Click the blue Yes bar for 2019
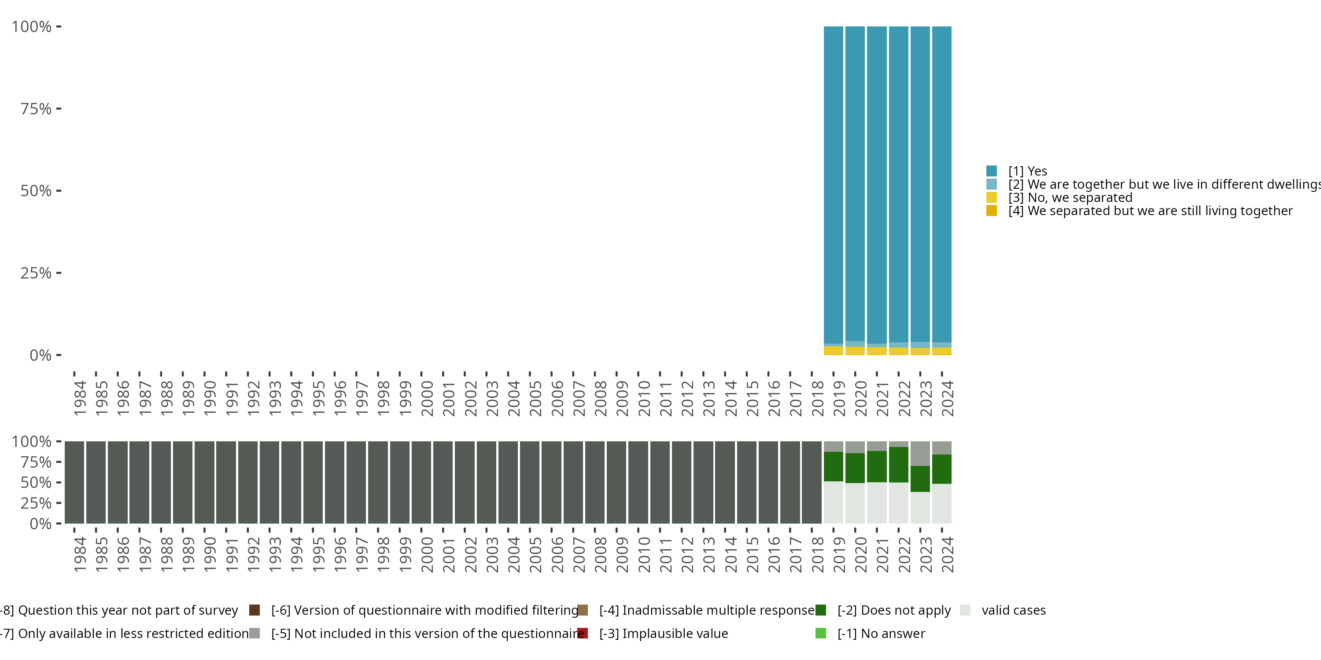tap(833, 184)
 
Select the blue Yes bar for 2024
tap(941, 184)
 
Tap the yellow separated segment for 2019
tap(833, 351)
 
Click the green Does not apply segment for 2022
tap(898, 464)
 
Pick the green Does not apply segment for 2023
tap(920, 479)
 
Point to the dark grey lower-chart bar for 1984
tap(74, 482)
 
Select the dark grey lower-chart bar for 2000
tap(421, 482)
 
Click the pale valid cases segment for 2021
tap(877, 502)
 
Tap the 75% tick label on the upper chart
tap(36, 109)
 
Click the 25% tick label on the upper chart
tap(36, 273)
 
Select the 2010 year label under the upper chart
tap(644, 398)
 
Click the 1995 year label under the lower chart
tap(318, 554)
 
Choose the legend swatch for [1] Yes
tap(991, 171)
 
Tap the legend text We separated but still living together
tap(1160, 211)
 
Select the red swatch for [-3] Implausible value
tap(583, 633)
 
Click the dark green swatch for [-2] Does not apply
tap(820, 610)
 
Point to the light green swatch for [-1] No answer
tap(820, 633)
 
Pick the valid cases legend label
tap(1013, 610)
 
